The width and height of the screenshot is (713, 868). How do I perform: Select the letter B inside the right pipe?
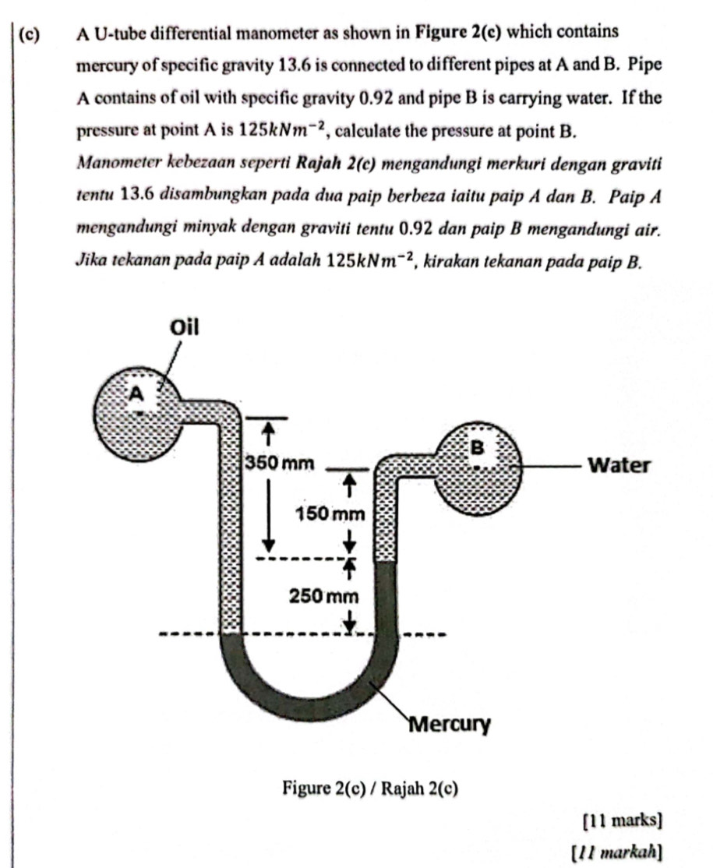(x=478, y=447)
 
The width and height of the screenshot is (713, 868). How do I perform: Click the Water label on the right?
(x=618, y=466)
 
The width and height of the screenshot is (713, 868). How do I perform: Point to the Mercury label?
(x=450, y=725)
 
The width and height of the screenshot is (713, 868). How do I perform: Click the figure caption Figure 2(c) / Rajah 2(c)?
(x=370, y=789)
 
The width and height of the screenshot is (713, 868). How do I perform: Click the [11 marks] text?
(x=623, y=820)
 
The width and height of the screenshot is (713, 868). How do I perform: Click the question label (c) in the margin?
(x=30, y=34)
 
